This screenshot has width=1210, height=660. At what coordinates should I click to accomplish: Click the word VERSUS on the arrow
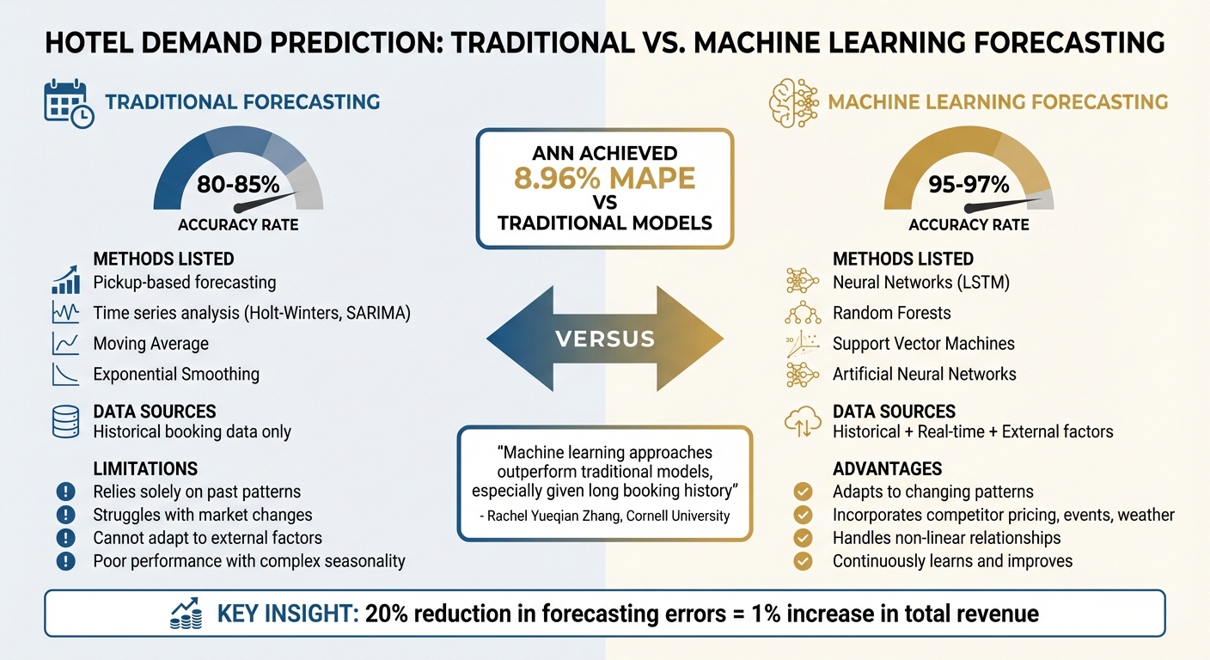(604, 338)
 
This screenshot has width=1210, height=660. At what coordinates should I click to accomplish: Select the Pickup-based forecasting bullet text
(185, 282)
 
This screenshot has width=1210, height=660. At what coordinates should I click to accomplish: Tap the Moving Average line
(151, 344)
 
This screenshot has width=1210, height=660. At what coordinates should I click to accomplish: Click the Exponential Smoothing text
(176, 374)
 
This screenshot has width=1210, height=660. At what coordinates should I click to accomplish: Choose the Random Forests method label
(892, 313)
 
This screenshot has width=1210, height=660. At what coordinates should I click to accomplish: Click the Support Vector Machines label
(924, 344)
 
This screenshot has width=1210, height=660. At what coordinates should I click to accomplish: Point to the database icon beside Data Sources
(66, 422)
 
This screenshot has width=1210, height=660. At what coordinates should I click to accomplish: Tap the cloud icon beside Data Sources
(803, 422)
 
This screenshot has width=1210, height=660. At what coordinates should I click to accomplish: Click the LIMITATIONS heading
(145, 468)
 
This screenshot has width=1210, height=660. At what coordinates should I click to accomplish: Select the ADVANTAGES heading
(888, 468)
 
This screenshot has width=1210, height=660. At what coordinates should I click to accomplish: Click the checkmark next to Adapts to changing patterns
(803, 492)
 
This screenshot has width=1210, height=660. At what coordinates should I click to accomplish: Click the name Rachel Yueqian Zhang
(552, 516)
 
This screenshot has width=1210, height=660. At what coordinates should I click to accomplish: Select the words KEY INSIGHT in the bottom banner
(287, 614)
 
